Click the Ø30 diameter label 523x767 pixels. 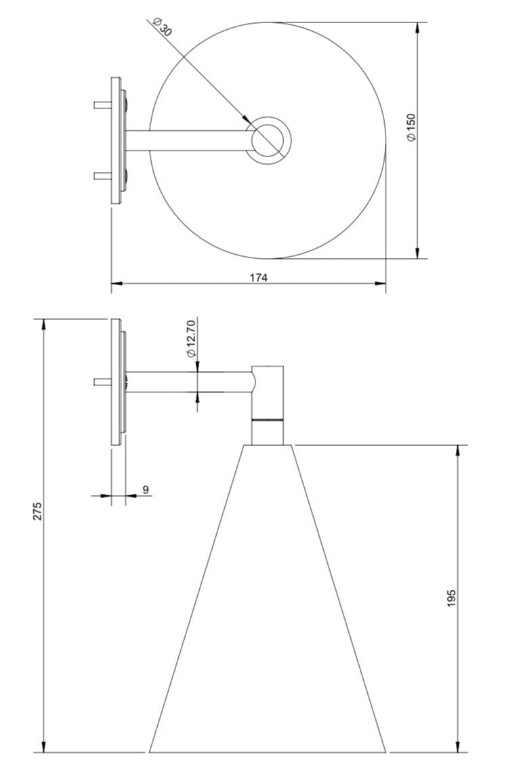pyautogui.click(x=162, y=26)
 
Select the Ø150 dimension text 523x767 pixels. pyautogui.click(x=411, y=127)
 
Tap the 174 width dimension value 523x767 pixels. pyautogui.click(x=259, y=277)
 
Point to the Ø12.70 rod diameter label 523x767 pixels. pyautogui.click(x=191, y=338)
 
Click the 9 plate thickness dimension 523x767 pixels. pyautogui.click(x=145, y=489)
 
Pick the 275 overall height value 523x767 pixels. pyautogui.click(x=38, y=511)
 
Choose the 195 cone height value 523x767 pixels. pyautogui.click(x=451, y=598)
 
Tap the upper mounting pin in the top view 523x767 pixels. pyautogui.click(x=102, y=104)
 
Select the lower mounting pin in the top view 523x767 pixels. pyautogui.click(x=102, y=176)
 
